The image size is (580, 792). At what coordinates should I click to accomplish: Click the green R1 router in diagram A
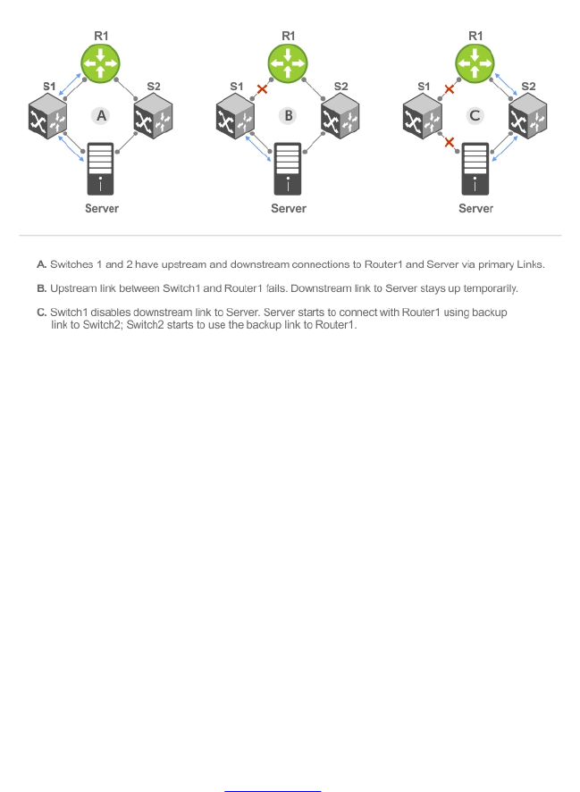100,63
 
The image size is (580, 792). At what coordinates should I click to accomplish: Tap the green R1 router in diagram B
288,63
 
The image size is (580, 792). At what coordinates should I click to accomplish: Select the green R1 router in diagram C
475,63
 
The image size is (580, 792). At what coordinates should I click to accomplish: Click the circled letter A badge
100,115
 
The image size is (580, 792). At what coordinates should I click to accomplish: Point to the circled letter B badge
288,115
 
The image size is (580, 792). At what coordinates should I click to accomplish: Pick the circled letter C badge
475,115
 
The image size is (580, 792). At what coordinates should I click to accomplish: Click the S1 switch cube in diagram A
47,117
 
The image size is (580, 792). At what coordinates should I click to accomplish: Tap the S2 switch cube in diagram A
152,117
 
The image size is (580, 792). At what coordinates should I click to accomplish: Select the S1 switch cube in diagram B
235,117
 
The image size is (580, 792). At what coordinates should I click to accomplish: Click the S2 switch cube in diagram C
527,117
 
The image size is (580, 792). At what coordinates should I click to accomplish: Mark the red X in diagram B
262,89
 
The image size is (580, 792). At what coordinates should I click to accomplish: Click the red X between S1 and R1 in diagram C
450,89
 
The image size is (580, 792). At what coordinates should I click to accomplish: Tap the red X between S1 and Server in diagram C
449,142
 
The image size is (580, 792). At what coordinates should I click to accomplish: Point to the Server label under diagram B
288,208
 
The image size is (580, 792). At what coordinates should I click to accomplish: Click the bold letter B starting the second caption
41,288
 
